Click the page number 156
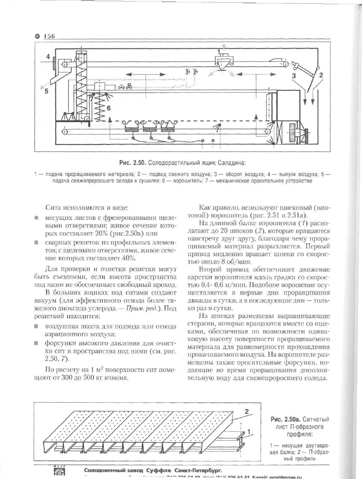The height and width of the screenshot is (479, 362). (x=49, y=36)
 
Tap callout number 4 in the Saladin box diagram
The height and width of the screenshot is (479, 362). (x=48, y=57)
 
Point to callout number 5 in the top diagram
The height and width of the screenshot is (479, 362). (x=46, y=92)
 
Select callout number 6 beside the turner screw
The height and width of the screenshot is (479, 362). (x=109, y=109)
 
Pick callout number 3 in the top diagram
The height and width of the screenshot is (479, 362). (x=294, y=76)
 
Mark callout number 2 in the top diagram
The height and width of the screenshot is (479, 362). (x=321, y=76)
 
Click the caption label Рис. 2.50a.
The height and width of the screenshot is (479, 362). (x=285, y=419)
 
